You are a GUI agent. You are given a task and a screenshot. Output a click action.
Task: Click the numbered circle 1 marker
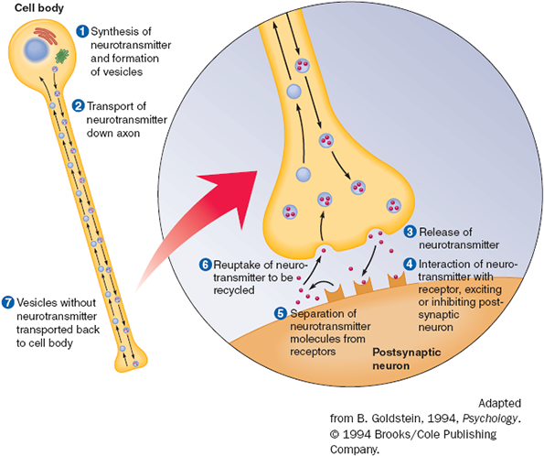(x=82, y=31)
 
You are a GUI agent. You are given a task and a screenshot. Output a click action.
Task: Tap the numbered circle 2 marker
(x=78, y=105)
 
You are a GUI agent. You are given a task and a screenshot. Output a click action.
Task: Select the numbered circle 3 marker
(x=411, y=232)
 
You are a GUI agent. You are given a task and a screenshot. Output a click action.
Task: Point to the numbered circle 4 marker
(x=410, y=264)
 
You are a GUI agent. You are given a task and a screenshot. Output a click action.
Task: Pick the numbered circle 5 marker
(x=281, y=313)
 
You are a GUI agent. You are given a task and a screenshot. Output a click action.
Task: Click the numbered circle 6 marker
(x=205, y=265)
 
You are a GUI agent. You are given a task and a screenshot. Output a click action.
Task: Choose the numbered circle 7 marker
(x=7, y=302)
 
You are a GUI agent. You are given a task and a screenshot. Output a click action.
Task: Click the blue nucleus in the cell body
(x=36, y=50)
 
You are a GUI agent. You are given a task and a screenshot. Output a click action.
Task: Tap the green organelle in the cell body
(x=62, y=56)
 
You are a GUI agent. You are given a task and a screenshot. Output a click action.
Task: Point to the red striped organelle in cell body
(x=46, y=37)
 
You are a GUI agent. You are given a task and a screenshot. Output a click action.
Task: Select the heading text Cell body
(x=39, y=8)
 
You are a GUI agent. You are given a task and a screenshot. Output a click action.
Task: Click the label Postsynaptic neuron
(x=406, y=359)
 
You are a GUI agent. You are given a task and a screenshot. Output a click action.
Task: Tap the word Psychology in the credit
(x=490, y=418)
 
